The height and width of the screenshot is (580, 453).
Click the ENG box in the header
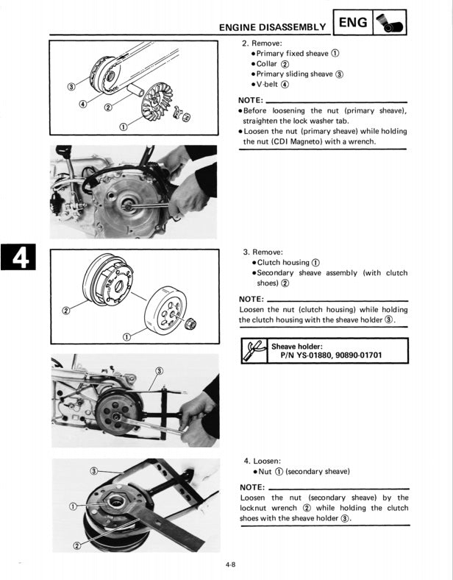point(353,23)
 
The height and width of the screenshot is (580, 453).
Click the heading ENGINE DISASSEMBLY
point(273,27)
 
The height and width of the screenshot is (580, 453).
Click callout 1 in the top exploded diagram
point(122,127)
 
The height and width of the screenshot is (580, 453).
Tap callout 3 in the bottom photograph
point(93,471)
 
